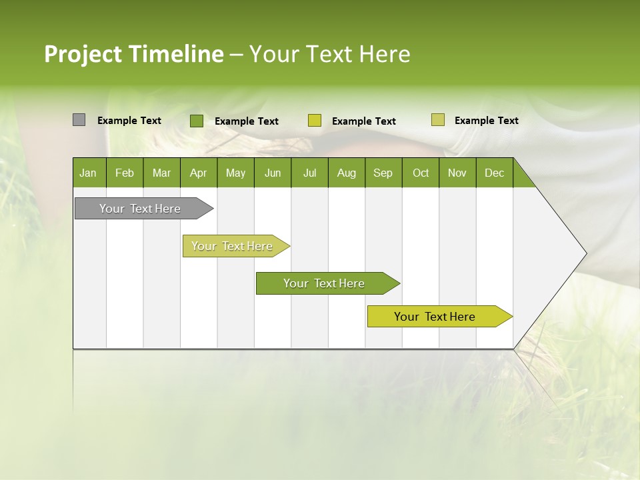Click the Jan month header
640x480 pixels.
pos(89,173)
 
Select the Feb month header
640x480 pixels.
pos(125,173)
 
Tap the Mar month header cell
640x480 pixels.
pos(161,173)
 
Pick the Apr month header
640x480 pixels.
pos(198,173)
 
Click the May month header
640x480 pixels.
pos(235,173)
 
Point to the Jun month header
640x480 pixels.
pos(273,173)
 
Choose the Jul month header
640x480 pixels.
pos(309,173)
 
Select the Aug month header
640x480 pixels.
pos(346,173)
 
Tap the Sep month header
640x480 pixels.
pos(383,173)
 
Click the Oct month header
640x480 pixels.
pos(421,173)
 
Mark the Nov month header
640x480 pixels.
pos(457,173)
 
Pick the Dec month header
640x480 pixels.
pos(494,173)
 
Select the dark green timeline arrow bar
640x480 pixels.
pos(325,283)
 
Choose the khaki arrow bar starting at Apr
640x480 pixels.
pos(233,246)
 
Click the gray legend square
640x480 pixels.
pos(79,120)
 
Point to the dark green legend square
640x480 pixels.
pos(196,121)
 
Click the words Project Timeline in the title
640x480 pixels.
pos(133,54)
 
